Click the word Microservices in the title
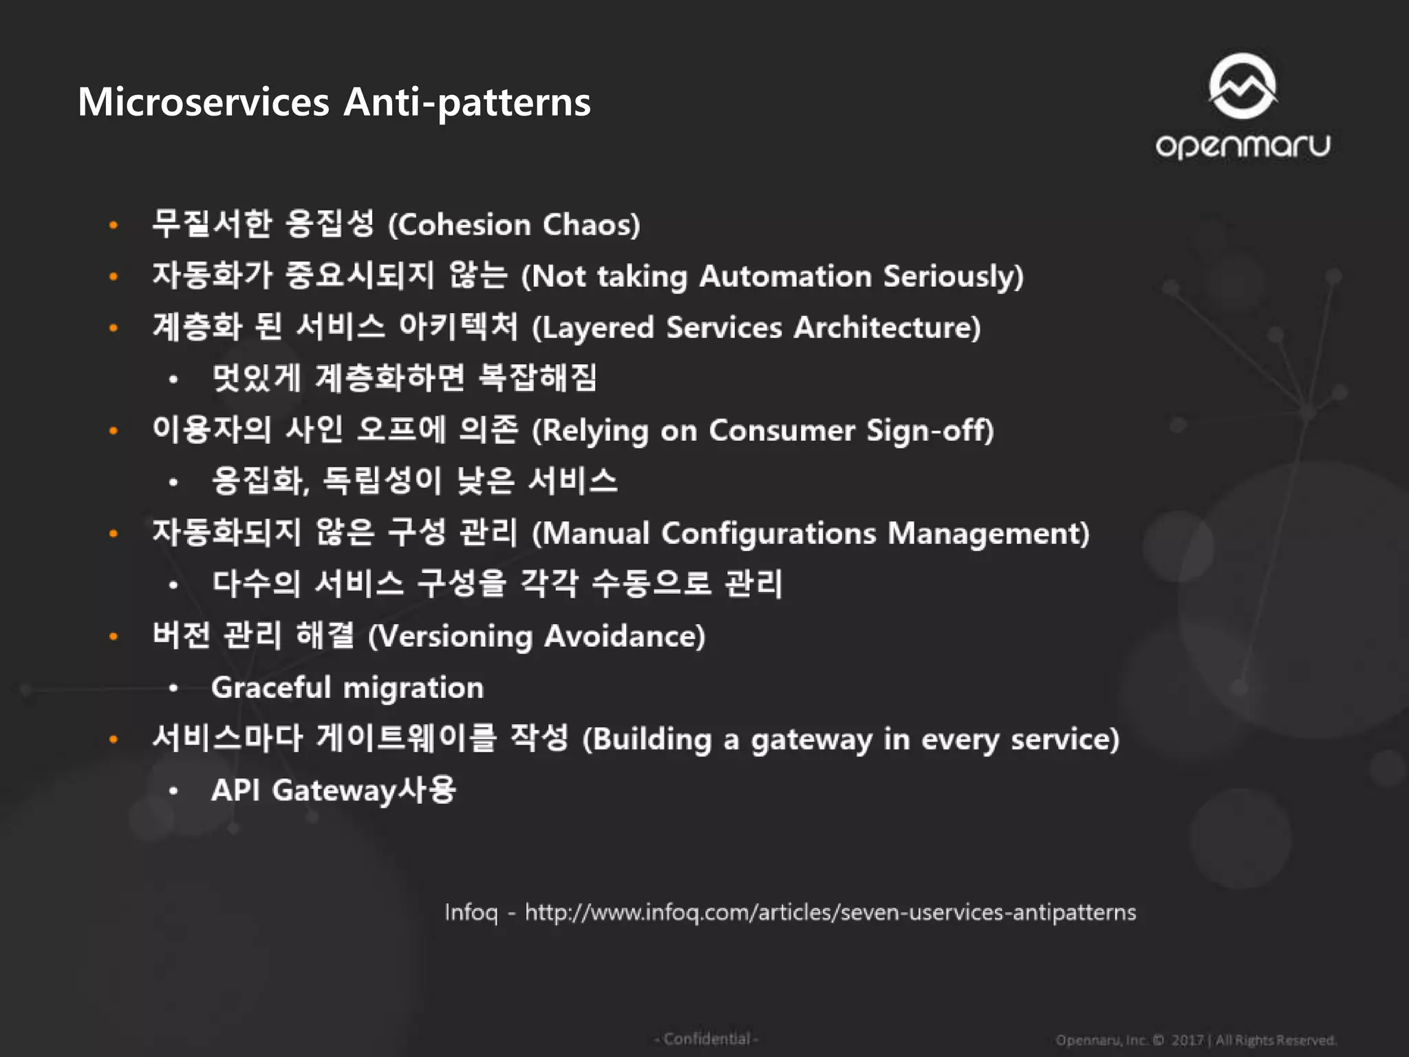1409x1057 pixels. coord(204,102)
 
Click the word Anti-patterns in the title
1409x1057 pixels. coord(466,102)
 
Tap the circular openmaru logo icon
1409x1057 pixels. coord(1243,87)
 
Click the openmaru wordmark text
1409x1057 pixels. coord(1243,146)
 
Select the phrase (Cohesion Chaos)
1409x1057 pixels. coord(514,225)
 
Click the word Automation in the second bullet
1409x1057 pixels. coord(785,276)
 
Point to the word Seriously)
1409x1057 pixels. coord(954,276)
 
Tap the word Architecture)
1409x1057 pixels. coord(887,328)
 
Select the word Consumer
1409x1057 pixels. coord(782,431)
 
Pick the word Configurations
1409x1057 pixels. coord(768,533)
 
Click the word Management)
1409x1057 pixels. coord(989,533)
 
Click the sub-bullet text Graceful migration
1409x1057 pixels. coord(347,687)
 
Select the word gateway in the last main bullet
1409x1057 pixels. coord(812,740)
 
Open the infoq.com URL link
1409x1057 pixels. coord(830,912)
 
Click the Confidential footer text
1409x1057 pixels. coord(706,1038)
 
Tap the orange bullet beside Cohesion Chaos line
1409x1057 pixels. coord(114,225)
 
